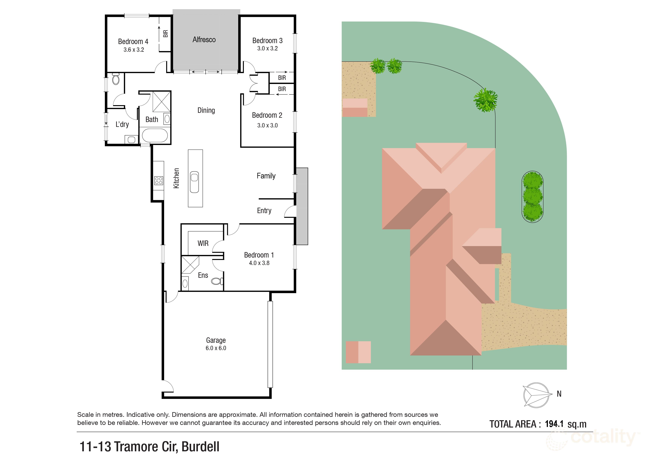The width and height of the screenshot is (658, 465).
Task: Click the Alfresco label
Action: [x=204, y=40]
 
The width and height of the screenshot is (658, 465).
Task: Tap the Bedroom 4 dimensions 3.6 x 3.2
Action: [x=134, y=50]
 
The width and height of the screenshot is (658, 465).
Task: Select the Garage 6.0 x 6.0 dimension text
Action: [x=216, y=348]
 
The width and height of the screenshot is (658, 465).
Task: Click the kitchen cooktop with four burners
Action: [x=158, y=180]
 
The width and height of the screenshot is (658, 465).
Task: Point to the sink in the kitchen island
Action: [x=194, y=182]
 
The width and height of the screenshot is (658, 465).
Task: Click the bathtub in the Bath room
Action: [x=155, y=136]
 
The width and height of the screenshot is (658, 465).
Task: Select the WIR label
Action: [x=203, y=243]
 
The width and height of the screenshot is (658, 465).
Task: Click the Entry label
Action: [x=264, y=211]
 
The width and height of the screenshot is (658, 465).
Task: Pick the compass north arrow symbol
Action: [x=536, y=395]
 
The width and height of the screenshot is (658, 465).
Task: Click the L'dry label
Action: [x=122, y=124]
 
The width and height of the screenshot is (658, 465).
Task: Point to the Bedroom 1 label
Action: [x=259, y=255]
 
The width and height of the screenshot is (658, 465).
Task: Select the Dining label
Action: [x=206, y=110]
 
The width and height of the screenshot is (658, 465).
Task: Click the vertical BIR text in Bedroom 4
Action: [x=165, y=34]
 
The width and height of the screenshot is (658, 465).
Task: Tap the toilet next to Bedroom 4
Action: [x=116, y=79]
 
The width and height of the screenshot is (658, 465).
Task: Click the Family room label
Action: [x=266, y=176]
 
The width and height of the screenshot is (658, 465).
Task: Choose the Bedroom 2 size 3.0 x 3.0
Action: [x=267, y=125]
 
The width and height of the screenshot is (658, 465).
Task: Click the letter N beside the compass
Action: [x=559, y=394]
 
